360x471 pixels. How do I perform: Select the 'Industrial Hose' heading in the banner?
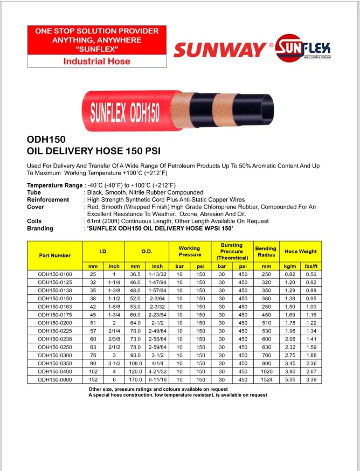(x=97, y=61)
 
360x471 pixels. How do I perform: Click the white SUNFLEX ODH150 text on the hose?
(x=124, y=112)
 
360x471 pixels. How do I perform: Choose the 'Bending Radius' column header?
(x=266, y=252)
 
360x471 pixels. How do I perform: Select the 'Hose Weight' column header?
(x=301, y=252)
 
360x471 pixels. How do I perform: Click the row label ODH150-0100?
(x=54, y=274)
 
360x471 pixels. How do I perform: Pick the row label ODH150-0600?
(x=54, y=379)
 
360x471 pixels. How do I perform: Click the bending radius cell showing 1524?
(x=266, y=379)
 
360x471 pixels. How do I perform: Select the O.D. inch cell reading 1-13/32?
(x=157, y=274)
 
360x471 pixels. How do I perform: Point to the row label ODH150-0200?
(x=54, y=323)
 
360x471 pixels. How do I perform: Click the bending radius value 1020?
(x=266, y=371)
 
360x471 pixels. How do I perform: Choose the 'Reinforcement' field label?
(x=48, y=199)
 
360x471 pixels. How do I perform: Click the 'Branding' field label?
(x=40, y=228)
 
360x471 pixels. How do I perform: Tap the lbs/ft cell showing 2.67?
(x=311, y=371)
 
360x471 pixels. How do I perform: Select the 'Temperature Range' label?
(x=55, y=185)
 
